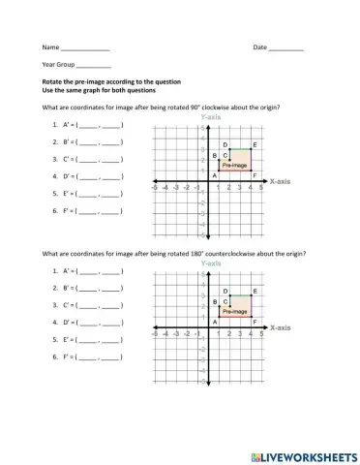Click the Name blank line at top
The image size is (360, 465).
[x=85, y=48]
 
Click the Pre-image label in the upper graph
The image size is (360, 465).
[x=234, y=166]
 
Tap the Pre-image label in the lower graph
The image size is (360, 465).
[x=234, y=312]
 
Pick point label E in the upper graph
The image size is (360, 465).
[x=255, y=145]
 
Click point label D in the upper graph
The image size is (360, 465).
[x=225, y=145]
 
